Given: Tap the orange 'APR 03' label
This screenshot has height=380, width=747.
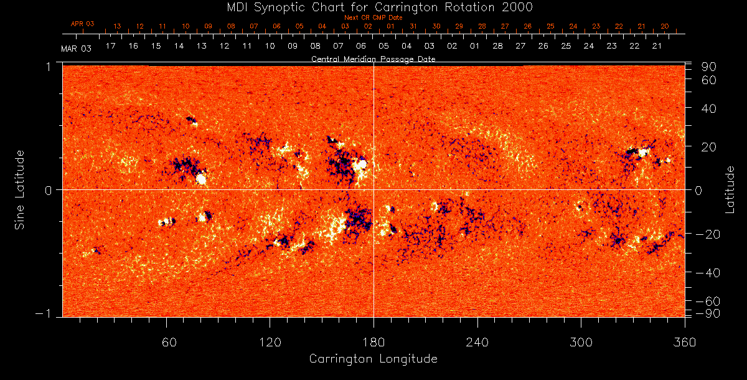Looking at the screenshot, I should click(82, 24).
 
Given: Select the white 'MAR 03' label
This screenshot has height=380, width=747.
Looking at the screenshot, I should click(76, 48).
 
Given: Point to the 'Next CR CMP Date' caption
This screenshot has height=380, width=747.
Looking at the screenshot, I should click(374, 17).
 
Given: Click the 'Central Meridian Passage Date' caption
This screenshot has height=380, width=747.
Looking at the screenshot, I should click(373, 59).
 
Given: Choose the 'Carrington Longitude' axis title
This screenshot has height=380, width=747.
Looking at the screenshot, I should click(373, 359).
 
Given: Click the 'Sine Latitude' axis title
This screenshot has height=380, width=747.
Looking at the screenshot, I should click(20, 189).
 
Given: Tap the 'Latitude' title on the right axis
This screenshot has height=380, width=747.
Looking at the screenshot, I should click(730, 189).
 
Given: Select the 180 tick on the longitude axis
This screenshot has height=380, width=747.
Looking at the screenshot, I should click(374, 342).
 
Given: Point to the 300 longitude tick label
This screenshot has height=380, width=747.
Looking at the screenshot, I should click(581, 342).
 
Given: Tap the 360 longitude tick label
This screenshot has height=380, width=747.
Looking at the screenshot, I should click(684, 342).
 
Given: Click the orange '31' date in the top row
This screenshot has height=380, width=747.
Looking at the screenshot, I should click(413, 27).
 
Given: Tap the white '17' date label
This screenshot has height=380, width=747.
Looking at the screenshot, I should click(110, 46).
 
